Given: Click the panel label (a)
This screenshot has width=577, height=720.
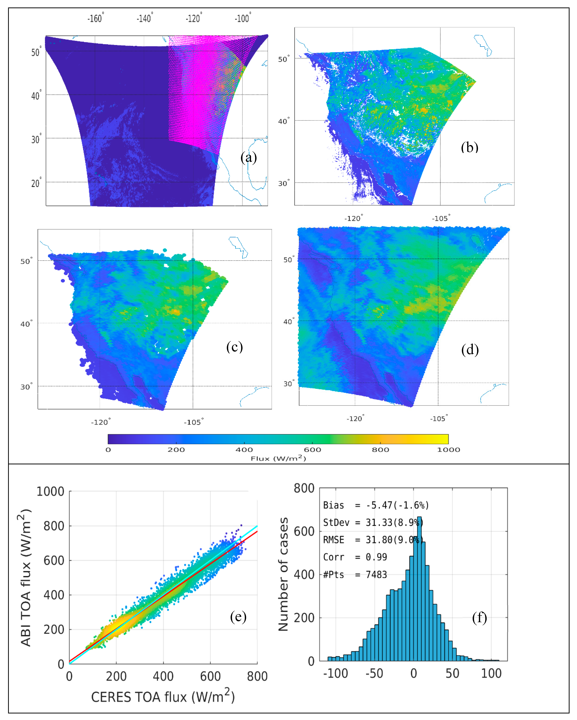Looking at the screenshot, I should pos(248,157).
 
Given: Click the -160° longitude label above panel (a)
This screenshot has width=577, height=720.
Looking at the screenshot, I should pos(96,18).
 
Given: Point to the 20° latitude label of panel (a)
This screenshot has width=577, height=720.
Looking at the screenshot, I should pos(36,183).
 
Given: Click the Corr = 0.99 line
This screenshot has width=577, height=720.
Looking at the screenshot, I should pos(355,557).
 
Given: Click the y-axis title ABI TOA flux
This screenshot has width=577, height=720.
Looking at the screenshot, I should pos(25,578).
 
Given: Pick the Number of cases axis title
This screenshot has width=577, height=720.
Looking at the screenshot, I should pos(283,574).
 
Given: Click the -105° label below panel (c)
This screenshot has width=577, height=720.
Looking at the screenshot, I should pos(193,422).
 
